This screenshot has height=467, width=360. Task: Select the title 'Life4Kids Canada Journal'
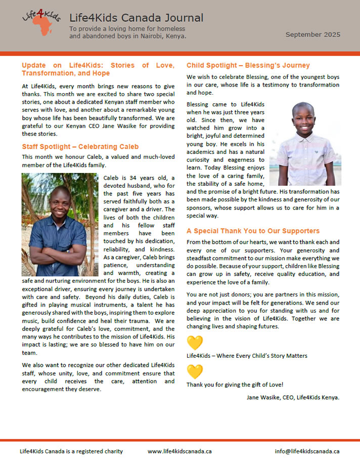(136, 18)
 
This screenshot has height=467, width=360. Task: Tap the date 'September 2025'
(312, 35)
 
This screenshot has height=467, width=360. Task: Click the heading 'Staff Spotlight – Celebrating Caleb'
(80, 147)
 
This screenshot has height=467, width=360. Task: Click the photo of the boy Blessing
(305, 137)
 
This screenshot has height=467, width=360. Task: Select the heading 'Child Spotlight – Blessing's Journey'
(248, 65)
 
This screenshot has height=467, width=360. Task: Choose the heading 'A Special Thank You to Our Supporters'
(253, 231)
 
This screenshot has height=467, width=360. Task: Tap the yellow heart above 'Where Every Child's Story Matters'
(195, 343)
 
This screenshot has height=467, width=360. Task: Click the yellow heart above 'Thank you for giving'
(195, 372)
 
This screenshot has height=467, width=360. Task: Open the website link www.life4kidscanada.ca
(179, 451)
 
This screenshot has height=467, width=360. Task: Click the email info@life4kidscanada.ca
(307, 451)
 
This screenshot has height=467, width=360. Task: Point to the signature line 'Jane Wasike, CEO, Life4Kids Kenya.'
(293, 397)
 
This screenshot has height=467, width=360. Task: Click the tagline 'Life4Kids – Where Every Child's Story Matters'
(247, 356)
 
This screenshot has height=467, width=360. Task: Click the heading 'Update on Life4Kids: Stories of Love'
(98, 65)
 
